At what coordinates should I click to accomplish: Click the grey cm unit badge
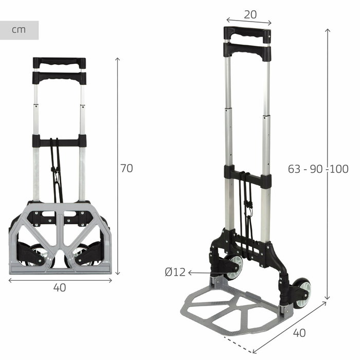click(x=19, y=30)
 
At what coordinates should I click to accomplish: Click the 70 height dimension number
click(x=126, y=168)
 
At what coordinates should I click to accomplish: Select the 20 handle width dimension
click(x=250, y=14)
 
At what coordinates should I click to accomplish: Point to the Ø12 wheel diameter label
click(x=175, y=273)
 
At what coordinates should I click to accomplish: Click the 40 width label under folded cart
click(x=60, y=288)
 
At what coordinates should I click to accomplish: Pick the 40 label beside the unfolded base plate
click(x=299, y=333)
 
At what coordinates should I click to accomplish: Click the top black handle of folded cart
click(x=59, y=63)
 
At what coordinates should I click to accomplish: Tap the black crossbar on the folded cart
click(x=59, y=140)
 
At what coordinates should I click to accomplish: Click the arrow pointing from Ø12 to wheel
click(x=201, y=273)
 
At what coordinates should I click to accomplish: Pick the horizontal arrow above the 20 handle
click(x=249, y=22)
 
